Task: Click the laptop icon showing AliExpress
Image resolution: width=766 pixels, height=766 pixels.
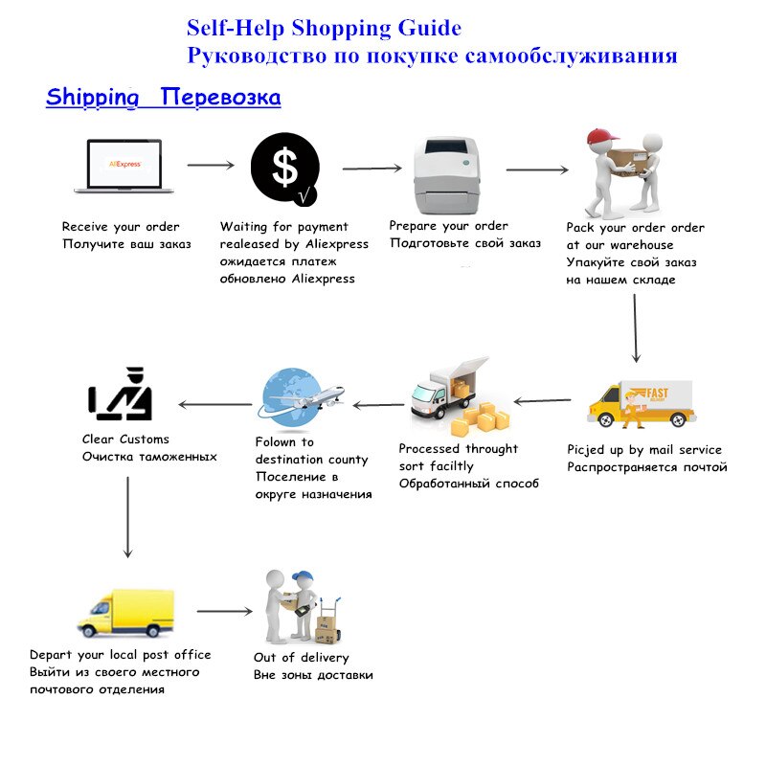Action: (x=124, y=166)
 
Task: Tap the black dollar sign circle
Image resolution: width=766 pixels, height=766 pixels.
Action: (x=284, y=169)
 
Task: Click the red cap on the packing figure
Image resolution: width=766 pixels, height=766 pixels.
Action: (x=600, y=139)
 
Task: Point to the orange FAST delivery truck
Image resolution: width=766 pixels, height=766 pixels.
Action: (x=640, y=403)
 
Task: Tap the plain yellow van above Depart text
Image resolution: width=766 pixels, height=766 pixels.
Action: (x=125, y=613)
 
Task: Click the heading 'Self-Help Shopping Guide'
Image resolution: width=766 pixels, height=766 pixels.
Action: (x=324, y=29)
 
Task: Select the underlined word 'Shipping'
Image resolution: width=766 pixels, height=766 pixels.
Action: (x=92, y=98)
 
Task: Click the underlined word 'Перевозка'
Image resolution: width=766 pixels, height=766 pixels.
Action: (x=220, y=98)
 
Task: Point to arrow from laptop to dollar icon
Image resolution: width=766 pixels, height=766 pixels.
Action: (x=211, y=166)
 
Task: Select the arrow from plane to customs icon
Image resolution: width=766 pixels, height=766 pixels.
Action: (x=215, y=405)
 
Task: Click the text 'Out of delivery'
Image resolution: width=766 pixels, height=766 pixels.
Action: (x=301, y=658)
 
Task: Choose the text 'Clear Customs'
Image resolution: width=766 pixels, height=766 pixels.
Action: (x=125, y=439)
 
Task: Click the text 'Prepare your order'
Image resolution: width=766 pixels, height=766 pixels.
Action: (x=448, y=226)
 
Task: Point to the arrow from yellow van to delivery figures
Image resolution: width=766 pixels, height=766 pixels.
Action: (x=224, y=611)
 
